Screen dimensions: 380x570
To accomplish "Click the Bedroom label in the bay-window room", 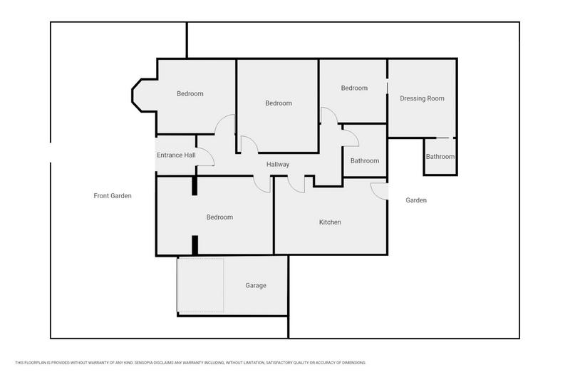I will [190, 94].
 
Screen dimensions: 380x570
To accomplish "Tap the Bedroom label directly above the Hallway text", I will [279, 103].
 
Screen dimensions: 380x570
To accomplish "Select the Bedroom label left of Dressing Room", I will [354, 88].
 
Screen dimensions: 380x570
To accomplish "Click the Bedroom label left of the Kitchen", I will [219, 217].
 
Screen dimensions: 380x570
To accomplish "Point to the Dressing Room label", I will [422, 98].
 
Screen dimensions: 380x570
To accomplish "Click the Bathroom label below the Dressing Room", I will [440, 157].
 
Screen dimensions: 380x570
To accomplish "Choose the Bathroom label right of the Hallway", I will [365, 161].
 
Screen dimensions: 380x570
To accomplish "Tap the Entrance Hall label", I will [176, 155].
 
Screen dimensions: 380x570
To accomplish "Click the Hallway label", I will [278, 165].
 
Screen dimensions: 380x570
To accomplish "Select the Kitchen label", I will [330, 222].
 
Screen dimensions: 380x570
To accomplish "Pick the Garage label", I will [256, 286].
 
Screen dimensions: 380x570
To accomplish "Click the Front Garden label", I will [113, 196].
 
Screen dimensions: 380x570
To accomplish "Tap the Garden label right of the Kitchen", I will [416, 200].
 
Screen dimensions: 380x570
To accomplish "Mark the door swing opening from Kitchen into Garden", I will [379, 190].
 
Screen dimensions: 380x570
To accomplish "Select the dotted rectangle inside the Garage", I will [201, 285].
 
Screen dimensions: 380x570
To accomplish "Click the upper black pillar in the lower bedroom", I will [194, 185].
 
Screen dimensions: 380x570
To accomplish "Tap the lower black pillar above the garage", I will [194, 245].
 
